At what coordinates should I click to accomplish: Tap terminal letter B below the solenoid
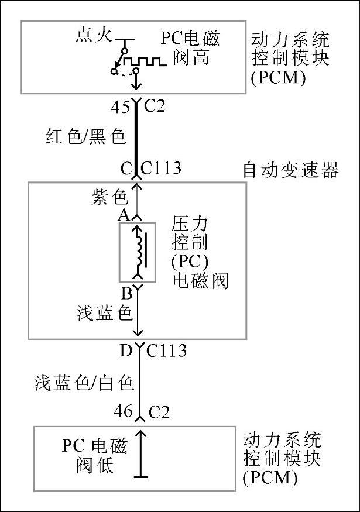(125, 292)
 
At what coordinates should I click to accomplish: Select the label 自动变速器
(290, 170)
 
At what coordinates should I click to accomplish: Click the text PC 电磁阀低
(94, 456)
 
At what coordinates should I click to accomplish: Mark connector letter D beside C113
(125, 351)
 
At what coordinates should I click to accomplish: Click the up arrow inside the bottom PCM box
(139, 454)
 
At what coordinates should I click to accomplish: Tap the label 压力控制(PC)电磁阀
(199, 252)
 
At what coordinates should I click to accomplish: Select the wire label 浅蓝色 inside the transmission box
(104, 313)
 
